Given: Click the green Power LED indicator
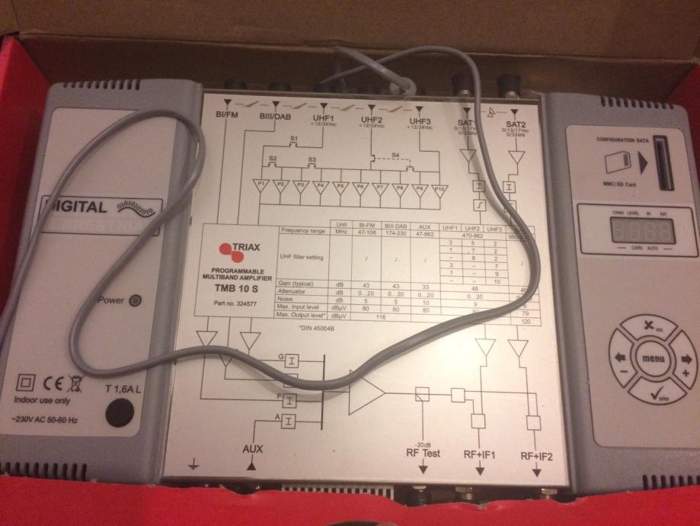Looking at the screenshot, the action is [x=135, y=300].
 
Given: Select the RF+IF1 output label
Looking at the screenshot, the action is [x=479, y=456].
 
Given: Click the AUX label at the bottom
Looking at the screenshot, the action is [x=252, y=448].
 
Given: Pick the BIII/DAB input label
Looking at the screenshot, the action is [x=275, y=116].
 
